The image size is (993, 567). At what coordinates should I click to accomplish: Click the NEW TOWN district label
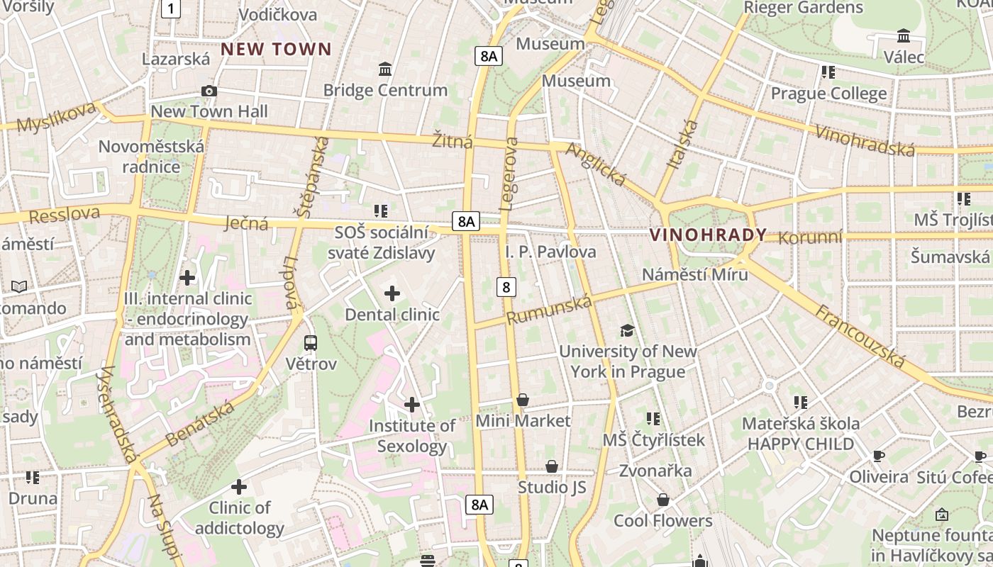[x=276, y=49]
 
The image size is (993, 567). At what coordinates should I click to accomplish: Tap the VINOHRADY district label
[x=708, y=235]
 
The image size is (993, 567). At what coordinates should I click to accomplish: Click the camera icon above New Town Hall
[x=209, y=91]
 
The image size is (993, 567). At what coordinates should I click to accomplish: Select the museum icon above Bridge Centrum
[x=385, y=69]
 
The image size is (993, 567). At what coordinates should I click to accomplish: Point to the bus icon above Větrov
[x=311, y=343]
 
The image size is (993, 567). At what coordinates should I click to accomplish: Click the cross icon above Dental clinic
[x=392, y=293]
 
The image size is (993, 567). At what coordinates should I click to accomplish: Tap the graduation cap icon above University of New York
[x=627, y=330]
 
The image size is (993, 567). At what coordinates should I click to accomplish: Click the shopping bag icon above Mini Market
[x=523, y=400]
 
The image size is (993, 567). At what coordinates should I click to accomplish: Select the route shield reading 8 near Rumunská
[x=506, y=287]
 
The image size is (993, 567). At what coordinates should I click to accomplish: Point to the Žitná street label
[x=453, y=141]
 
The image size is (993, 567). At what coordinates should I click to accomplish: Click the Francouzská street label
[x=860, y=337]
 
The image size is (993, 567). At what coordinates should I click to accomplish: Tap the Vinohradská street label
[x=865, y=140]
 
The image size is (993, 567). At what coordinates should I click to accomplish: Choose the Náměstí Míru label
[x=694, y=274]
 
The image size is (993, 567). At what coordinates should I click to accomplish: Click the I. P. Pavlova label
[x=550, y=252]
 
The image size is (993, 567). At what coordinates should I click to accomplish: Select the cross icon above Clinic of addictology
[x=239, y=487]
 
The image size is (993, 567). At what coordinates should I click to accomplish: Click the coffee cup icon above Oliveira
[x=879, y=456]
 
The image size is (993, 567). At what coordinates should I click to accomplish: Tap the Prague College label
[x=828, y=94]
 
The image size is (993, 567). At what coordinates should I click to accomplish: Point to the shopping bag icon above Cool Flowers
[x=662, y=500]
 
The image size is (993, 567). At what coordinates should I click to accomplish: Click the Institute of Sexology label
[x=412, y=436]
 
